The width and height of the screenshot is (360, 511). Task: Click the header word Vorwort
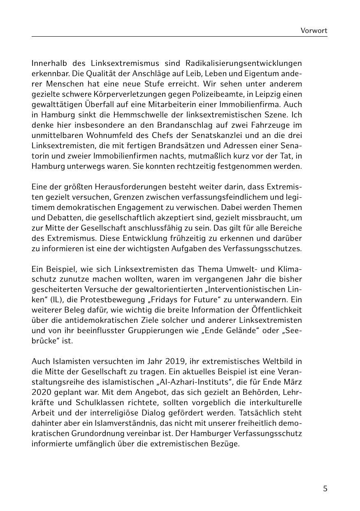(314, 30)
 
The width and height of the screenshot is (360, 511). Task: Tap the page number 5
(325, 489)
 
